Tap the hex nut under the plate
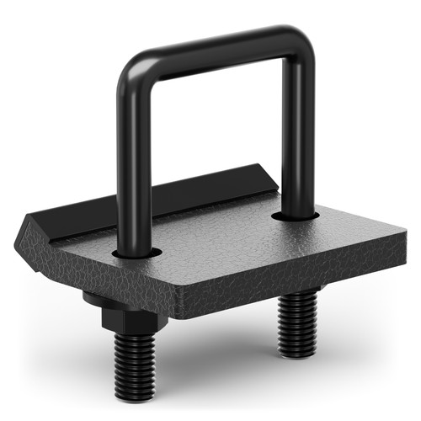coord(126,317)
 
